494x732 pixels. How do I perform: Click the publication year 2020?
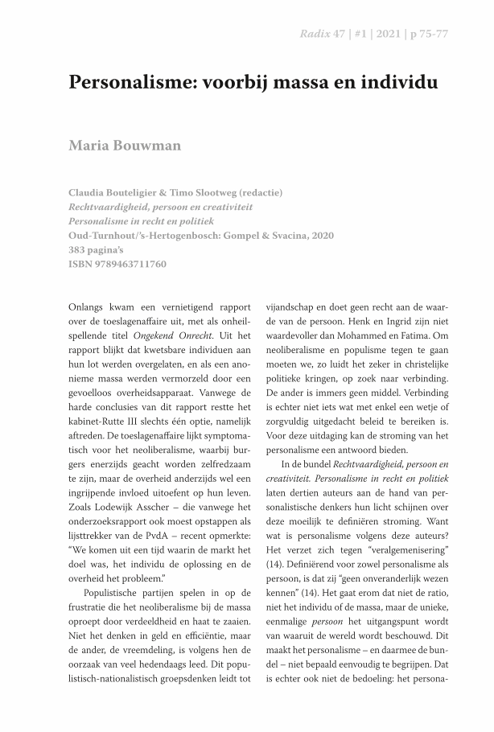pos(319,235)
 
